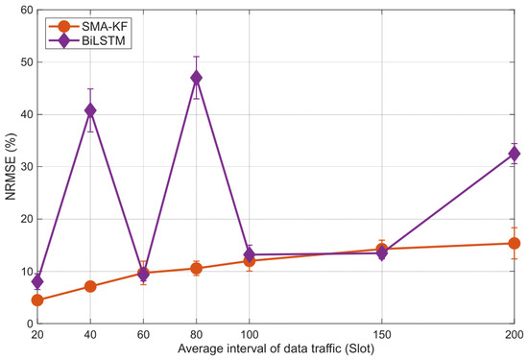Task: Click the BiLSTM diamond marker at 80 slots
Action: click(196, 78)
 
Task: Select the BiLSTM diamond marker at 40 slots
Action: click(90, 110)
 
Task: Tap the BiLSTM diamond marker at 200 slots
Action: click(514, 154)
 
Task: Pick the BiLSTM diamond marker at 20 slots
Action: click(37, 281)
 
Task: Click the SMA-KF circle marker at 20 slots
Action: click(37, 300)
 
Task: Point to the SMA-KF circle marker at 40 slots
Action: click(90, 287)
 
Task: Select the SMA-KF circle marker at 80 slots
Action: click(196, 269)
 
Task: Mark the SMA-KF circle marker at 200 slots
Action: click(514, 243)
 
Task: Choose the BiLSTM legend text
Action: click(104, 40)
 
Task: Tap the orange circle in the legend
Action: click(63, 26)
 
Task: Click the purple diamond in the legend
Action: click(63, 40)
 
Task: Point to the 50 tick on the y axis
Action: click(27, 62)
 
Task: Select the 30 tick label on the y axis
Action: click(27, 167)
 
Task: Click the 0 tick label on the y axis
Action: click(30, 324)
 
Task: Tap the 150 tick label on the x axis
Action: click(381, 335)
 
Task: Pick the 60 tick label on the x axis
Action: click(143, 335)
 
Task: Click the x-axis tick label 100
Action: click(250, 335)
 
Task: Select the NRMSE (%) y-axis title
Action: click(11, 167)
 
